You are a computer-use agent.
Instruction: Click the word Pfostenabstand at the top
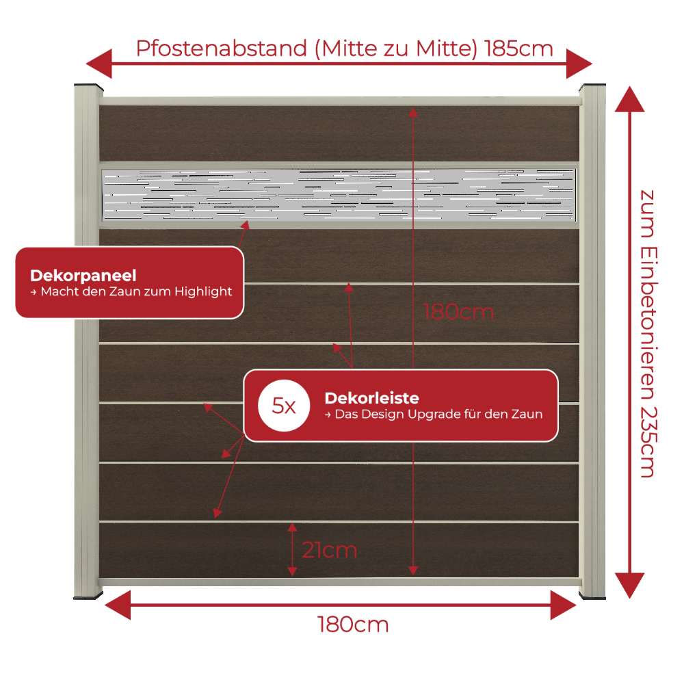click(222, 49)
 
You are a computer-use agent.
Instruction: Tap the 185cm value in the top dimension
click(518, 49)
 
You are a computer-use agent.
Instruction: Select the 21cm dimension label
click(330, 550)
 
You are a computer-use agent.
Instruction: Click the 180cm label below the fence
click(353, 624)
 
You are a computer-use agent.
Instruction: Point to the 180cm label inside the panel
click(458, 313)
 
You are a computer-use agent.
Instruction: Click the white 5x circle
click(284, 406)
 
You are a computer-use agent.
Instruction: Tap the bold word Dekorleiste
click(371, 398)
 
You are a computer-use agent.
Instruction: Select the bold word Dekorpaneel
click(83, 276)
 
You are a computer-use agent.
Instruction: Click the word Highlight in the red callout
click(203, 291)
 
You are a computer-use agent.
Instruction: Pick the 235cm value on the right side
click(648, 443)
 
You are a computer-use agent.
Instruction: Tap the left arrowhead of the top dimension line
click(99, 64)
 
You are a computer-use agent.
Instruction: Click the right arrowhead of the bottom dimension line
click(563, 605)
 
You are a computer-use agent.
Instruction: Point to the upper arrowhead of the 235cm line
click(629, 99)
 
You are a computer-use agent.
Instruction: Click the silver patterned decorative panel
click(339, 194)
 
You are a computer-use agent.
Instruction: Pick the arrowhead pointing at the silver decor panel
click(246, 225)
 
